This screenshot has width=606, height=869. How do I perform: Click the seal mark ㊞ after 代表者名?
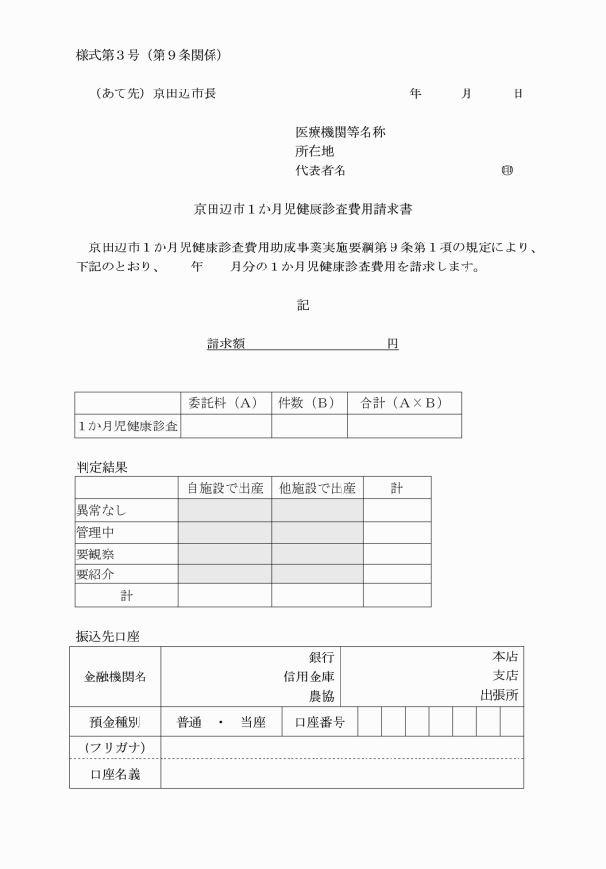coord(507,171)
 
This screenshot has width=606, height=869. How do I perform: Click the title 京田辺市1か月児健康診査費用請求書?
coord(303,208)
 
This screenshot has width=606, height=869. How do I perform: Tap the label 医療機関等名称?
coord(341,133)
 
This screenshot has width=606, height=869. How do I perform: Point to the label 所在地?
coord(315,152)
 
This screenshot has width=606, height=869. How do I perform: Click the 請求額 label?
coord(225,345)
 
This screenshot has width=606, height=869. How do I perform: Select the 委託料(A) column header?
coord(225,403)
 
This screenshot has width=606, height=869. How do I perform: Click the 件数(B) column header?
coord(309,403)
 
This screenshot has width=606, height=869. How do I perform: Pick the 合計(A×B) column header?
coord(403,403)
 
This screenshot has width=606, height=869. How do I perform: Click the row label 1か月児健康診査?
coord(128,425)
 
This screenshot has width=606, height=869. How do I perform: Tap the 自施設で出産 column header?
coord(224,488)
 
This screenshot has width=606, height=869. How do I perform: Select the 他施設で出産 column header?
coord(316,488)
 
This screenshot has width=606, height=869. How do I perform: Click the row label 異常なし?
coord(101,510)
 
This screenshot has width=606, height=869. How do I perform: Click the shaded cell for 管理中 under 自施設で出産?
coord(224,531)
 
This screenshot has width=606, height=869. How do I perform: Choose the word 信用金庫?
coord(308,676)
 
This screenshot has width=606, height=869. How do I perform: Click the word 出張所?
coord(499,695)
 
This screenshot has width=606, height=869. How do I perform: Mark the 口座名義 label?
coord(114,774)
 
